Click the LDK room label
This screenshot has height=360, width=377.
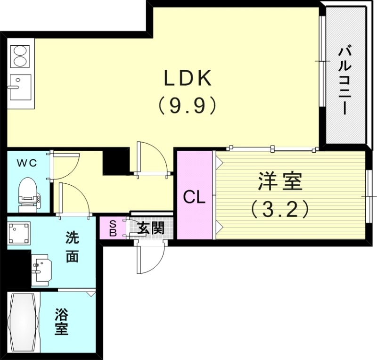click(x=187, y=78)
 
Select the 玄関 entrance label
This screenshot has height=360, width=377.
click(x=150, y=229)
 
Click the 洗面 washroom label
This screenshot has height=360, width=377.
click(x=72, y=248)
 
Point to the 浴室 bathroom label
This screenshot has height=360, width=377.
click(x=61, y=321)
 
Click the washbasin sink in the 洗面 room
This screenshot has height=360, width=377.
click(x=41, y=270)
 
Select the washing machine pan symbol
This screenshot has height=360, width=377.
click(x=19, y=233)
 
